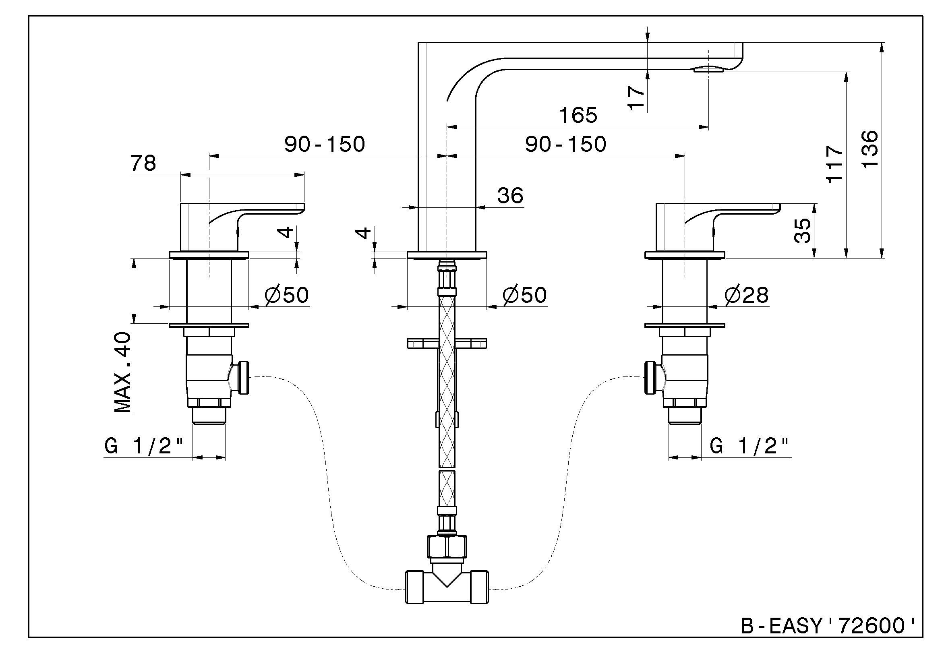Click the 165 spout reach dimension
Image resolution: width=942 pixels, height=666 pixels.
point(578,116)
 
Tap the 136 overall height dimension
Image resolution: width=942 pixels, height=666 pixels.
point(870,149)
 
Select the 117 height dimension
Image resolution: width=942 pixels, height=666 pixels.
point(835,163)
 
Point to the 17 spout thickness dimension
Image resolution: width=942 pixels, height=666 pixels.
point(636,97)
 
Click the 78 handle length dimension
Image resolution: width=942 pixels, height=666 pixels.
point(143,163)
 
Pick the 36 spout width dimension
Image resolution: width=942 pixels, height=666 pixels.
point(510,196)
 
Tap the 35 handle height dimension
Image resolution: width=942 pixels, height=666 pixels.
point(803,230)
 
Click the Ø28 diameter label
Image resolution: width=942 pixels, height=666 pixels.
point(746,295)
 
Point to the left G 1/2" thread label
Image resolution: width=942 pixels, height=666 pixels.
point(144,446)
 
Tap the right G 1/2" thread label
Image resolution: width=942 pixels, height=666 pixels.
point(749,446)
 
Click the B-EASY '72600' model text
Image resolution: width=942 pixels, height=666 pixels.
point(828,626)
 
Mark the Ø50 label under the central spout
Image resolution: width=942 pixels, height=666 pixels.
point(525,295)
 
